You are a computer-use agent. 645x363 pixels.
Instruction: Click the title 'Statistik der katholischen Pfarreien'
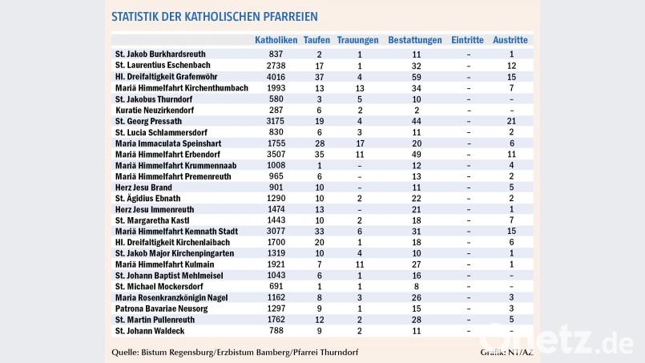pyautogui.click(x=214, y=16)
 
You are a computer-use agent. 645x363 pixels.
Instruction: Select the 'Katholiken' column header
pyautogui.click(x=276, y=39)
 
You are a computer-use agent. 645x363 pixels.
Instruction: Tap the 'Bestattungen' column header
pyautogui.click(x=414, y=39)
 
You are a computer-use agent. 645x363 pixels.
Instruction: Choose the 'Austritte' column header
pyautogui.click(x=511, y=39)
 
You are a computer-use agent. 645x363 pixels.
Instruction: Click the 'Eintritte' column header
pyautogui.click(x=467, y=39)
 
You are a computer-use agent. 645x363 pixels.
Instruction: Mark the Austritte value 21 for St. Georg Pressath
pyautogui.click(x=511, y=120)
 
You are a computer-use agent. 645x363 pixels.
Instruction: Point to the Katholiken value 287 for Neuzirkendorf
pyautogui.click(x=276, y=109)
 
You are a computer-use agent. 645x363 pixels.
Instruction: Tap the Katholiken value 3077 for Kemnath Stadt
pyautogui.click(x=276, y=231)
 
